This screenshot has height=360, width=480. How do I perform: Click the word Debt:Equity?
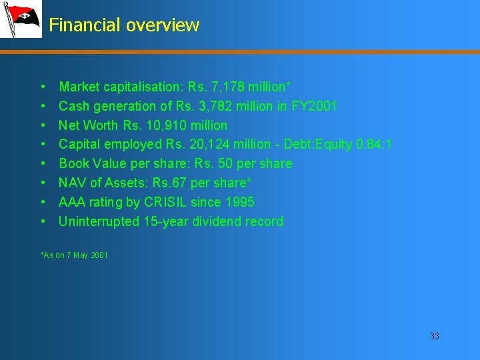(321, 144)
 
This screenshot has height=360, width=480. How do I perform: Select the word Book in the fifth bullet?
(74, 163)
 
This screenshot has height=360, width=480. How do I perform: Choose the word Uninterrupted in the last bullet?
(99, 221)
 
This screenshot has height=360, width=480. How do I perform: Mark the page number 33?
(435, 336)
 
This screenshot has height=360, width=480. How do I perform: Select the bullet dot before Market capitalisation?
(43, 87)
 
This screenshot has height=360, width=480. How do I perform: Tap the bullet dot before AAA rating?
(43, 202)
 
